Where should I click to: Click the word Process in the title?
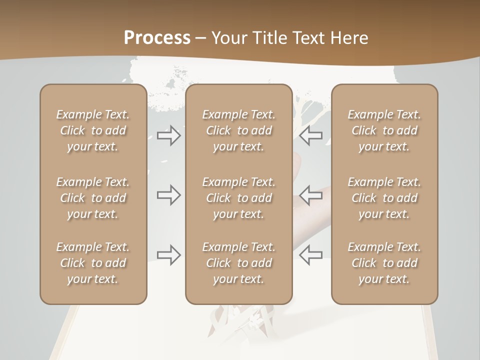pyautogui.click(x=157, y=38)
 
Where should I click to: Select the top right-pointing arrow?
pyautogui.click(x=168, y=135)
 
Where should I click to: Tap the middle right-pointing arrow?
pyautogui.click(x=168, y=194)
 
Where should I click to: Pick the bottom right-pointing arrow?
pyautogui.click(x=168, y=255)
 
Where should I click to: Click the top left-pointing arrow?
pyautogui.click(x=310, y=135)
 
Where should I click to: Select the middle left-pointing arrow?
pyautogui.click(x=310, y=194)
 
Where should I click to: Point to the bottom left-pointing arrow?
pyautogui.click(x=310, y=255)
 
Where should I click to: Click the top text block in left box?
pyautogui.click(x=93, y=130)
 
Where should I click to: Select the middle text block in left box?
pyautogui.click(x=93, y=198)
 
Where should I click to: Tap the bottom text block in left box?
pyautogui.click(x=93, y=263)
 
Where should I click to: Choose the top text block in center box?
pyautogui.click(x=238, y=130)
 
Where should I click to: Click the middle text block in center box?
pyautogui.click(x=238, y=198)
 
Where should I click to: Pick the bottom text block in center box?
pyautogui.click(x=238, y=263)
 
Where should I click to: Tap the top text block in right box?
pyautogui.click(x=384, y=130)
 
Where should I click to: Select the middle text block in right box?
pyautogui.click(x=384, y=198)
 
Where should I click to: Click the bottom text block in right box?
pyautogui.click(x=384, y=263)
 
